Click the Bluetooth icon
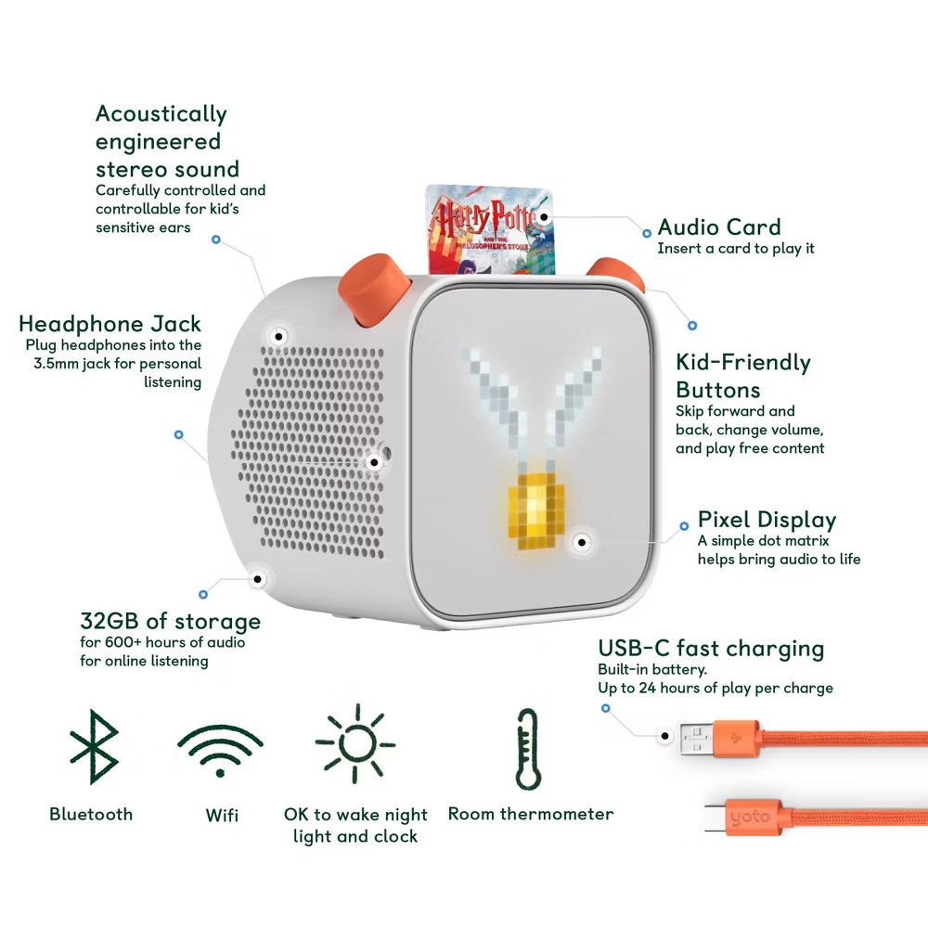tap(95, 746)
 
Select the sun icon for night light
tap(355, 743)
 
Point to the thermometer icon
tap(528, 749)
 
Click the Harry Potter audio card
tap(491, 229)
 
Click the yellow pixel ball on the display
tap(536, 510)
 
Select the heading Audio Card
tap(719, 227)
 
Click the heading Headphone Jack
tap(110, 324)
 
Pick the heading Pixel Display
tap(767, 520)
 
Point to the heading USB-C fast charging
tap(711, 648)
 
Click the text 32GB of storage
tap(171, 621)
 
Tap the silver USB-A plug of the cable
tap(697, 740)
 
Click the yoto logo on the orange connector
tap(749, 818)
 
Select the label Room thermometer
tap(531, 814)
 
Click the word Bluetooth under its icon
tap(91, 815)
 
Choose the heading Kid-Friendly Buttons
tap(743, 376)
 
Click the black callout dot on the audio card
tap(544, 217)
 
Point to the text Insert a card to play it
tap(736, 249)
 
